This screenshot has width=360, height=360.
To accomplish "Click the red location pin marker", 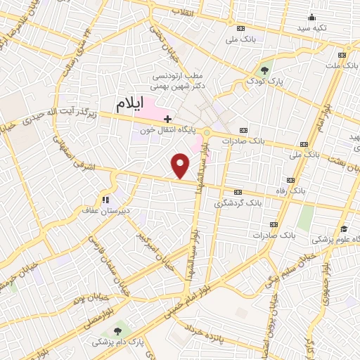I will click(181, 166).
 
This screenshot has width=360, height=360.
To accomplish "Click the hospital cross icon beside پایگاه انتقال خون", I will click(167, 119).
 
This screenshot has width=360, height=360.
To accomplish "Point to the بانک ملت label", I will click(342, 65).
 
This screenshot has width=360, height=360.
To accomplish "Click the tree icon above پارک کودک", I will click(264, 70).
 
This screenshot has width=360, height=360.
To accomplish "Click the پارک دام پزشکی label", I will click(116, 344).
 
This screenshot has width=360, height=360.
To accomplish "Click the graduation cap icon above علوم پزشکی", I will click(345, 229).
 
